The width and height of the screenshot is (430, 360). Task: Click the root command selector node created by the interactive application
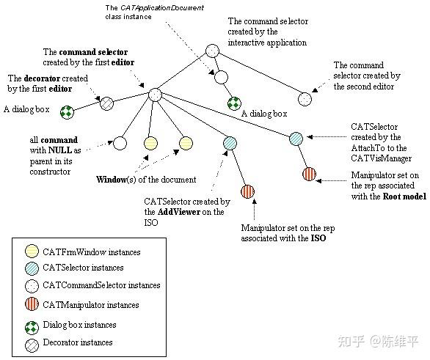(212, 51)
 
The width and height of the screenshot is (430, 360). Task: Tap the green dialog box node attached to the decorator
(67, 111)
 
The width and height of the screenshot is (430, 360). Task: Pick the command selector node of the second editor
(305, 97)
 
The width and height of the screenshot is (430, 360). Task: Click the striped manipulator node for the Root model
(309, 175)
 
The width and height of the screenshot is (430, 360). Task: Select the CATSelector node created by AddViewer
(230, 142)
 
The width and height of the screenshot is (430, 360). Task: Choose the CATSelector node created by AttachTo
(296, 138)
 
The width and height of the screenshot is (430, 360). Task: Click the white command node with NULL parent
(120, 143)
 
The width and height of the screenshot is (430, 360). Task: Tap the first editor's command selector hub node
(155, 94)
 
